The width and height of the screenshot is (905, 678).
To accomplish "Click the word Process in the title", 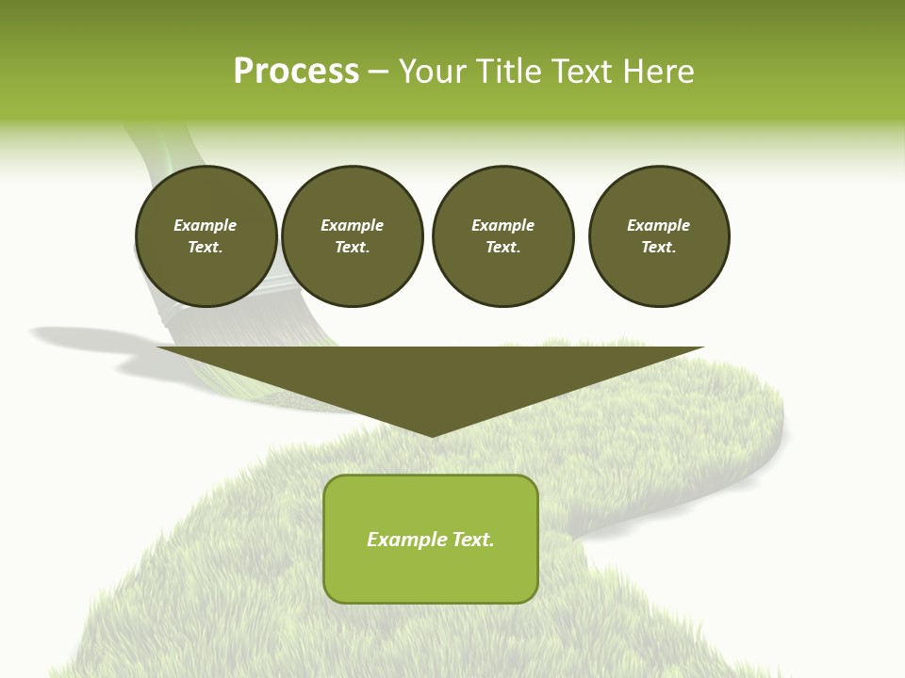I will [x=296, y=72].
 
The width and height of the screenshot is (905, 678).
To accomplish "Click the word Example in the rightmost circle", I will [x=658, y=225].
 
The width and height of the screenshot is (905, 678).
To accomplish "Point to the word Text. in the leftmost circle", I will [x=206, y=248].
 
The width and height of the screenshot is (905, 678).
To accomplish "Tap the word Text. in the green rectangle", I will [x=473, y=540].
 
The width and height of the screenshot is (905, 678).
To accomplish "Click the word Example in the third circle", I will [x=502, y=225].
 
